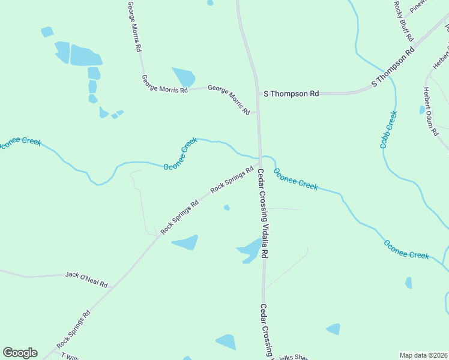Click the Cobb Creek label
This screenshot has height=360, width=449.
click(x=388, y=130)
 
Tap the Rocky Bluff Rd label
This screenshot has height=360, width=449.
click(x=403, y=20)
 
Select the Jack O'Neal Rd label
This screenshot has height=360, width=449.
click(x=86, y=279)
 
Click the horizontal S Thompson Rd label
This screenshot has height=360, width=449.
click(x=291, y=94)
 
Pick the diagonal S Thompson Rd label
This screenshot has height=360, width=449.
click(x=393, y=67)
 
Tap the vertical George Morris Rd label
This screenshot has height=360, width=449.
click(x=134, y=25)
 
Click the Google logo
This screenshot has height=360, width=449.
click(x=20, y=353)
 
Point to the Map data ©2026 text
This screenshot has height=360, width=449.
click(x=423, y=355)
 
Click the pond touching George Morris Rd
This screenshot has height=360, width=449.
click(x=184, y=77)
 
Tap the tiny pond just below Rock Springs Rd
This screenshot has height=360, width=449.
click(x=226, y=208)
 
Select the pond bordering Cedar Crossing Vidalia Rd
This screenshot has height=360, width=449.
click(x=251, y=250)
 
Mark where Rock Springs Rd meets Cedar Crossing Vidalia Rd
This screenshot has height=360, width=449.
click(x=259, y=163)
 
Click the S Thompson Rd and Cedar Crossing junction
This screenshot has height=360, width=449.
click(x=258, y=94)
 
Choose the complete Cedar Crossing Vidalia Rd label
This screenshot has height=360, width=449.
click(x=262, y=213)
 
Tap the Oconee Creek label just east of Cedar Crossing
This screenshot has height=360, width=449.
click(x=296, y=179)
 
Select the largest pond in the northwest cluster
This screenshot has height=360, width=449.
click(x=85, y=56)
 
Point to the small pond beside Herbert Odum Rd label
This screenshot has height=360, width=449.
click(x=422, y=110)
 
